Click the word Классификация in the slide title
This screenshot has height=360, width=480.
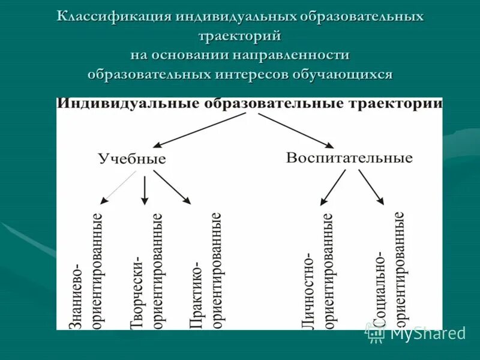point(114,17)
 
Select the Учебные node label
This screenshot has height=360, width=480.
point(132,159)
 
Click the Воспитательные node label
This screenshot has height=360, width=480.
point(349,158)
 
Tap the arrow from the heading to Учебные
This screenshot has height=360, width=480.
point(200,130)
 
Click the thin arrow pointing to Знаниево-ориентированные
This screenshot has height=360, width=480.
point(119,188)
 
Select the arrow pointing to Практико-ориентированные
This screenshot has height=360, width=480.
point(172,187)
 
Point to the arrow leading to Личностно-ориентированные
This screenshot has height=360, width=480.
point(333,187)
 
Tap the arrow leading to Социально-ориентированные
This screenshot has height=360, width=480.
point(371,187)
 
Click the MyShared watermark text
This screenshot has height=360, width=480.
point(428,333)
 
